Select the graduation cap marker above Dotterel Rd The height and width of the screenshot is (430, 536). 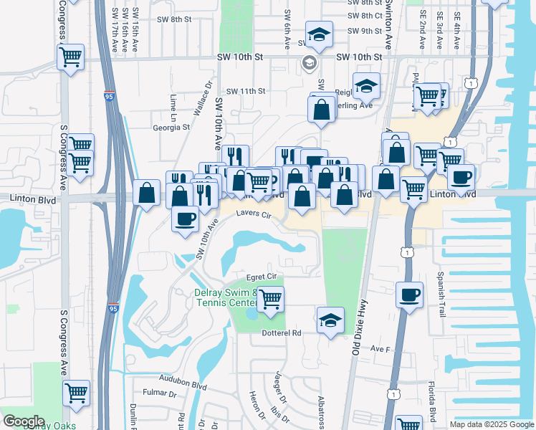point(330,320)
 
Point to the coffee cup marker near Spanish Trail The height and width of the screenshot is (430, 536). point(409,294)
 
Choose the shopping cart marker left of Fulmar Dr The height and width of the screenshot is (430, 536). point(76,393)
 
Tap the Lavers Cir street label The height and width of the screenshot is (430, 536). point(255,214)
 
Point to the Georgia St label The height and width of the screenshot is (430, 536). point(171,128)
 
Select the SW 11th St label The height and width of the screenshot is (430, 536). point(246,91)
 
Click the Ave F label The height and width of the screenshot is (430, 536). point(379,349)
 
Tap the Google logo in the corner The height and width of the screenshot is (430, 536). point(24,421)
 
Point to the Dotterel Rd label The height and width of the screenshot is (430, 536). point(287,333)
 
